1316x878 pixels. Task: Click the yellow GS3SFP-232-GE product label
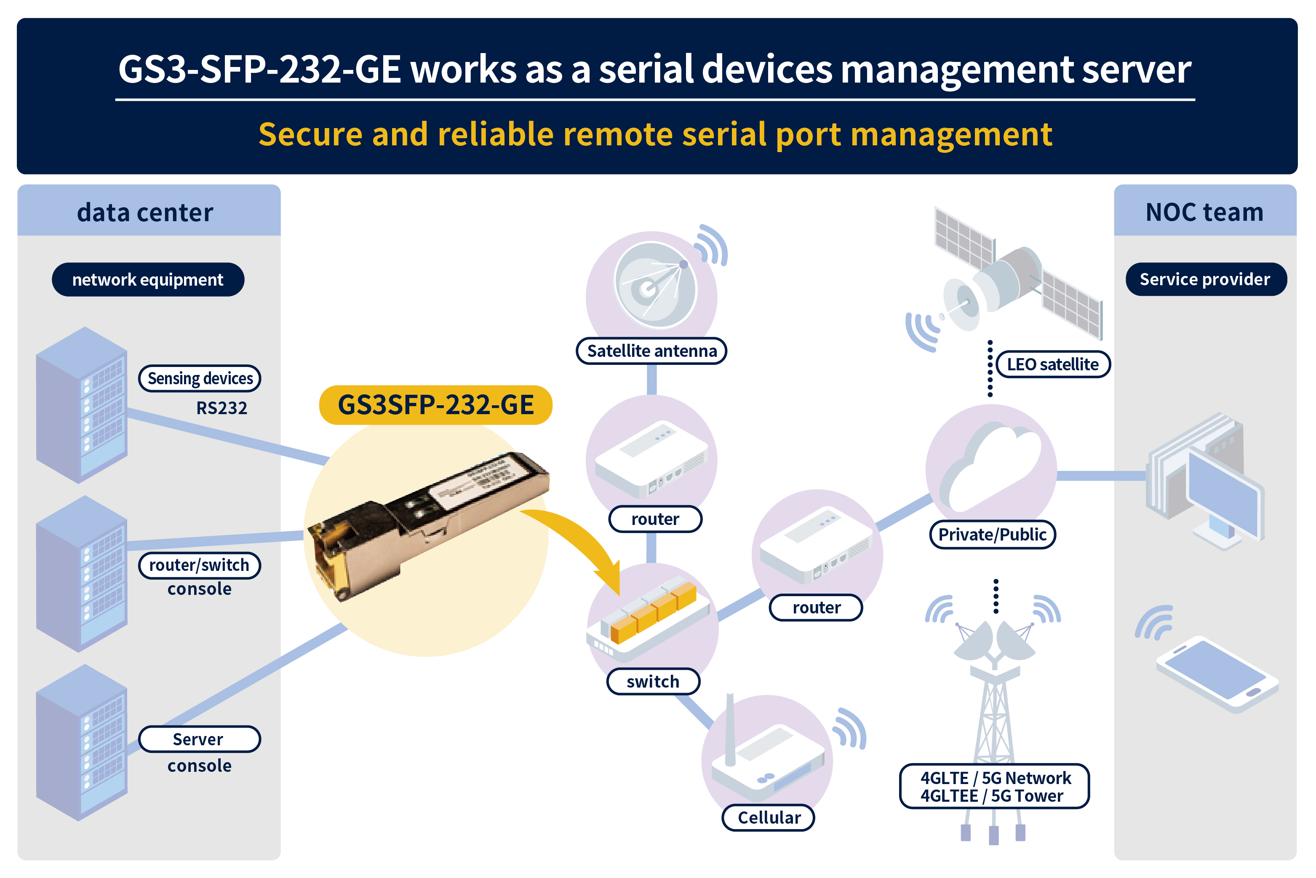coord(435,405)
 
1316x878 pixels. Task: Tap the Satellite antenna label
coord(651,351)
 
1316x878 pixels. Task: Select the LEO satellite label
coord(1052,364)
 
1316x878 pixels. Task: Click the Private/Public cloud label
coord(993,534)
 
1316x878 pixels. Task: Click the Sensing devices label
coord(200,378)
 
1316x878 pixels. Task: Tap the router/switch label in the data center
coord(199,565)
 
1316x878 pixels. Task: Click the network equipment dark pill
coord(148,279)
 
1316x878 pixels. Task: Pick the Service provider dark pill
coord(1205,279)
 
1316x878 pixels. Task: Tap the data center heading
coord(146,213)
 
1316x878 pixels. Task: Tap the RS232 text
coord(222,408)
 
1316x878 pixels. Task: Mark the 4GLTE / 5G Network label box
coord(994,786)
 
